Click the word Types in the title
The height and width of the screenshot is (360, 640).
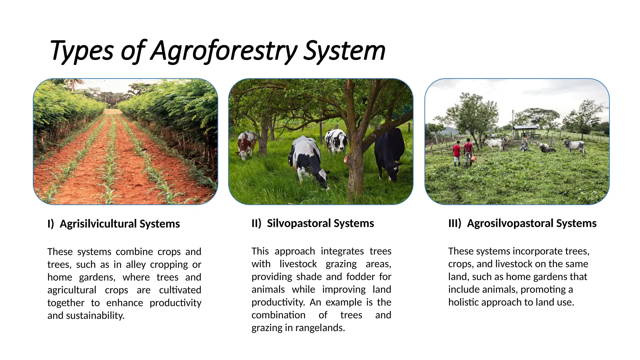coord(82,51)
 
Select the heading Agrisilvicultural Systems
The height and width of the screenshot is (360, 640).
coord(120,224)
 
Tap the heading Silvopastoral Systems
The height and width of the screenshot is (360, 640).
coord(320,223)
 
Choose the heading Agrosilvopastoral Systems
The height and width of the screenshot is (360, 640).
coord(532,223)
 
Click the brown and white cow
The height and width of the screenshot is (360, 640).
coord(246,144)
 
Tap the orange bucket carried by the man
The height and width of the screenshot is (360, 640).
coord(473,159)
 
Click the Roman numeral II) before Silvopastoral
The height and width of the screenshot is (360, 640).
coord(256,223)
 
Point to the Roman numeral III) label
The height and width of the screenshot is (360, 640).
coord(455,223)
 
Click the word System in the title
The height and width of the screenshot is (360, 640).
coord(344,51)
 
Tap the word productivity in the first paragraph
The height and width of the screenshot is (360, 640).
coord(175,302)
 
